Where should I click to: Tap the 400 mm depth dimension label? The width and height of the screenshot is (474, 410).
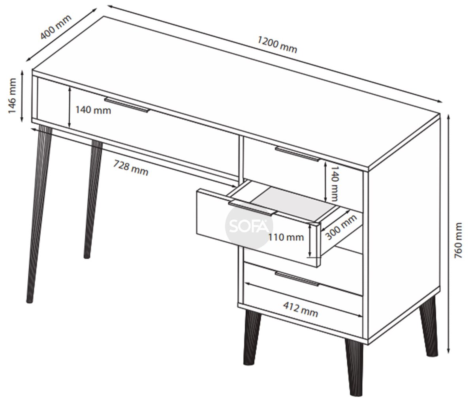56,27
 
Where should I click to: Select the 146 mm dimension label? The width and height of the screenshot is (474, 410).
12,96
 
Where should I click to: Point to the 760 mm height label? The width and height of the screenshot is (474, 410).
458,240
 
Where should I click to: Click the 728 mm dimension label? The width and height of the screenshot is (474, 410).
131,168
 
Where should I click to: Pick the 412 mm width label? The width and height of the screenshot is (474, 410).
301,309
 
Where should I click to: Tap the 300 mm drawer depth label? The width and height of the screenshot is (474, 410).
341,227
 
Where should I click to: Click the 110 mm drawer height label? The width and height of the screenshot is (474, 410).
286,237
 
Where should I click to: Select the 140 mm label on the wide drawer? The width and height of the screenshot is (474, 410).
93,110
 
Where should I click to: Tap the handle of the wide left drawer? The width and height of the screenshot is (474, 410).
127,105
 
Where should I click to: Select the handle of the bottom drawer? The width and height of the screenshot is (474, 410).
297,279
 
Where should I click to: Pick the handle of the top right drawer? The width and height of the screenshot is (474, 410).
297,154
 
